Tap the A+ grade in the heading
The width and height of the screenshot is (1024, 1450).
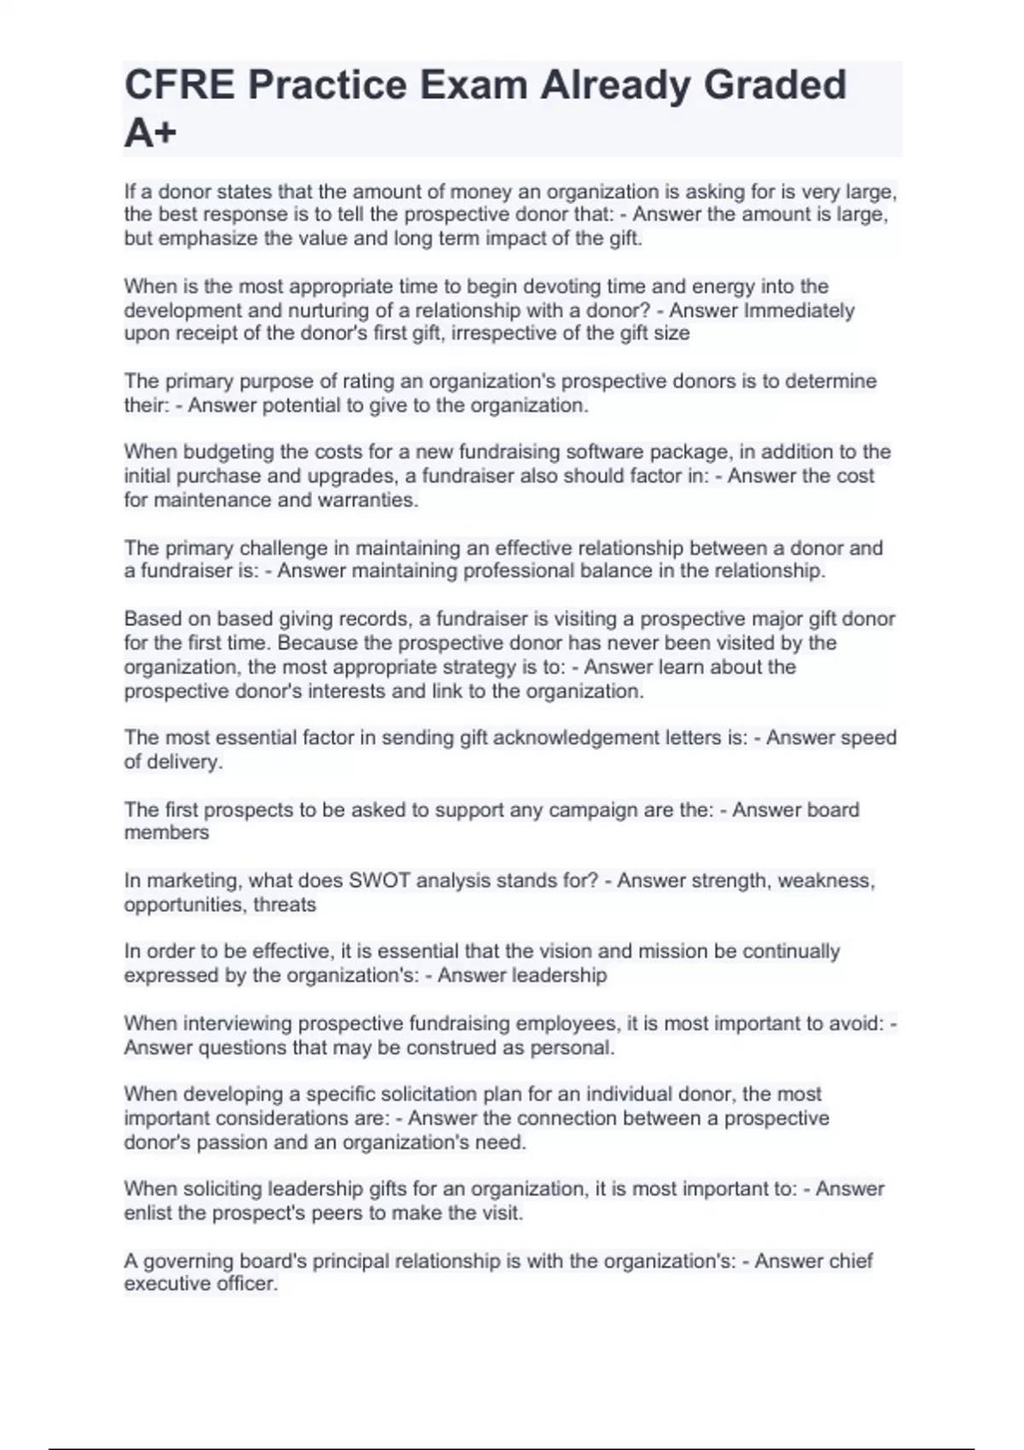point(150,133)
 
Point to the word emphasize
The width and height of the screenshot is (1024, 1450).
point(208,239)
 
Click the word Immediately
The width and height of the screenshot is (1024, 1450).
point(799,310)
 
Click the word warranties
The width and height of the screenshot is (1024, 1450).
point(368,500)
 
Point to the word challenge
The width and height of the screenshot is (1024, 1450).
point(287,548)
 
